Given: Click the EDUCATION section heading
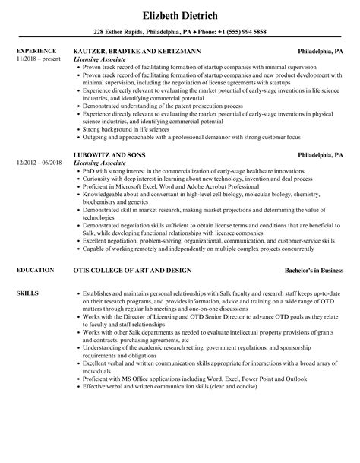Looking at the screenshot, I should tap(35, 270).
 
